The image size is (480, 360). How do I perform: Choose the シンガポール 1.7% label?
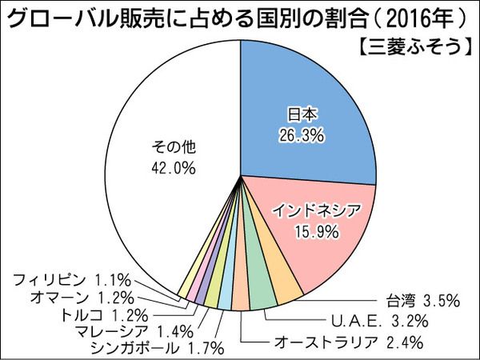tap(158, 348)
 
